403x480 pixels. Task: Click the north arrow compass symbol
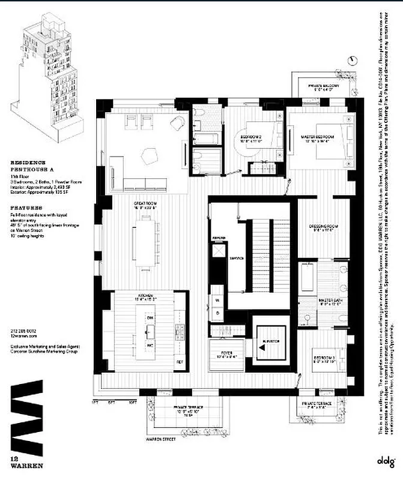tap(351, 60)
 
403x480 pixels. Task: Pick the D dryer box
tap(217, 314)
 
